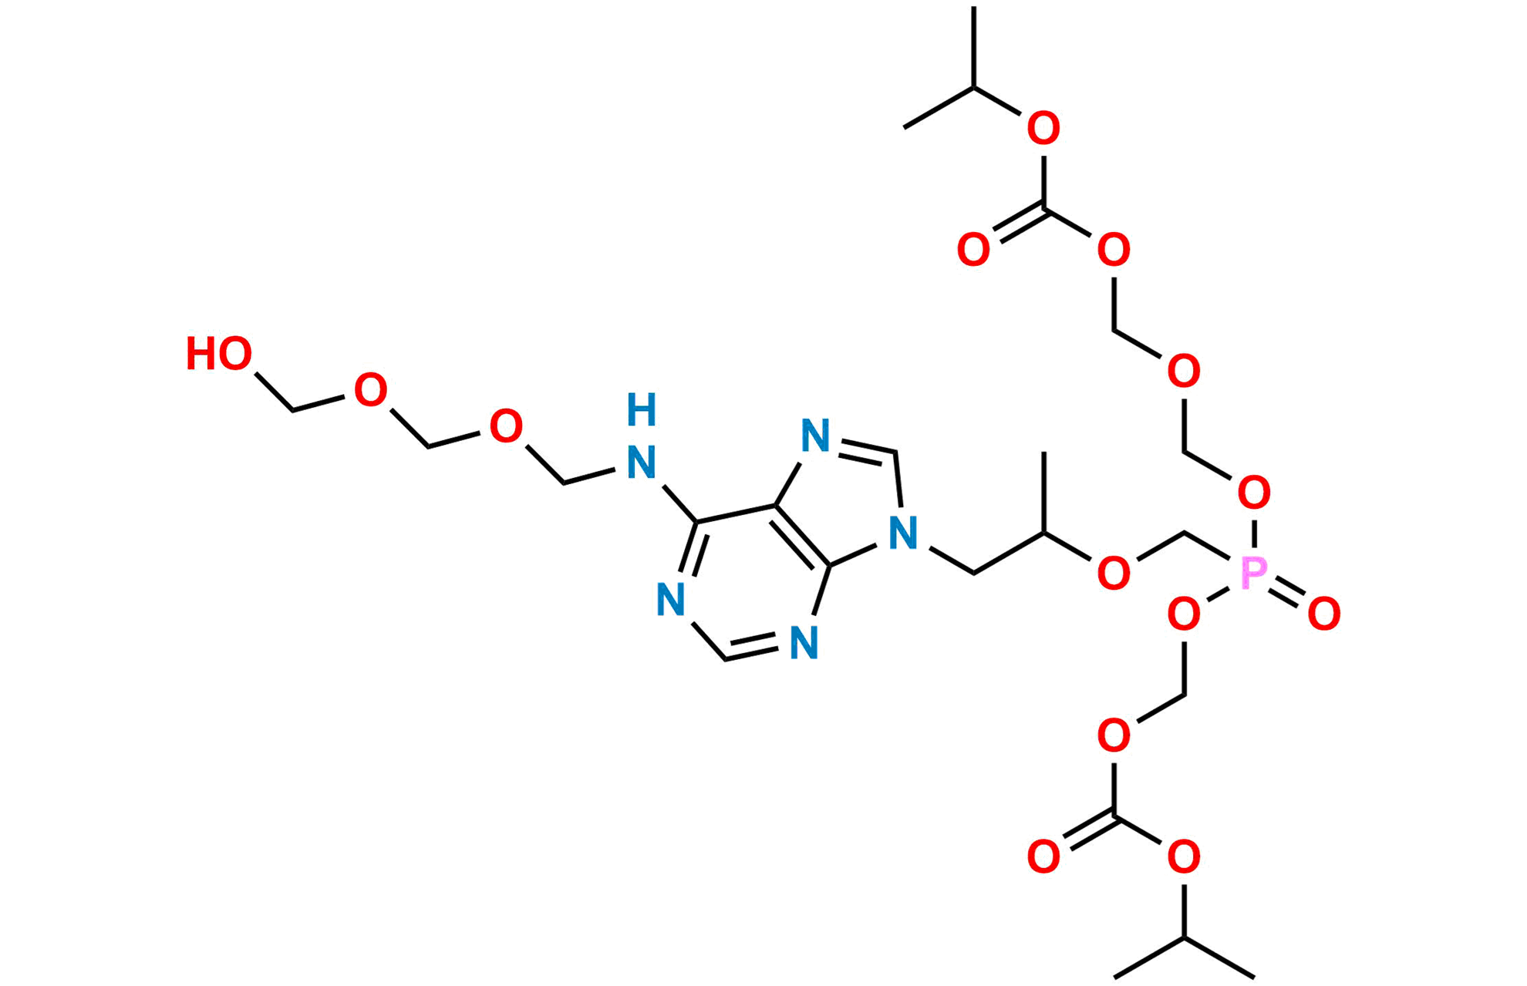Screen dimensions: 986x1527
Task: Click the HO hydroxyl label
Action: [220, 354]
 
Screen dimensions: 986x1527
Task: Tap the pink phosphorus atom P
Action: [1254, 574]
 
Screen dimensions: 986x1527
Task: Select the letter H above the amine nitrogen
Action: [642, 410]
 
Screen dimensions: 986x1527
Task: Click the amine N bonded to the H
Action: [642, 463]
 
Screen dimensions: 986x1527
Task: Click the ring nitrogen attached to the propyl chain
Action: [904, 533]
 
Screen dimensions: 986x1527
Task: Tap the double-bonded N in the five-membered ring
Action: [816, 436]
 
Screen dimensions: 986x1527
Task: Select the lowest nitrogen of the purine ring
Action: [805, 642]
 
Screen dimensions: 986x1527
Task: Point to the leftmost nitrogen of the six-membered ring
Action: [671, 600]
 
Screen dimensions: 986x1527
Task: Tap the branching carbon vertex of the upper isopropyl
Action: [976, 86]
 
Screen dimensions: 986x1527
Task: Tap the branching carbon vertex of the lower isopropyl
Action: [1183, 938]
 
